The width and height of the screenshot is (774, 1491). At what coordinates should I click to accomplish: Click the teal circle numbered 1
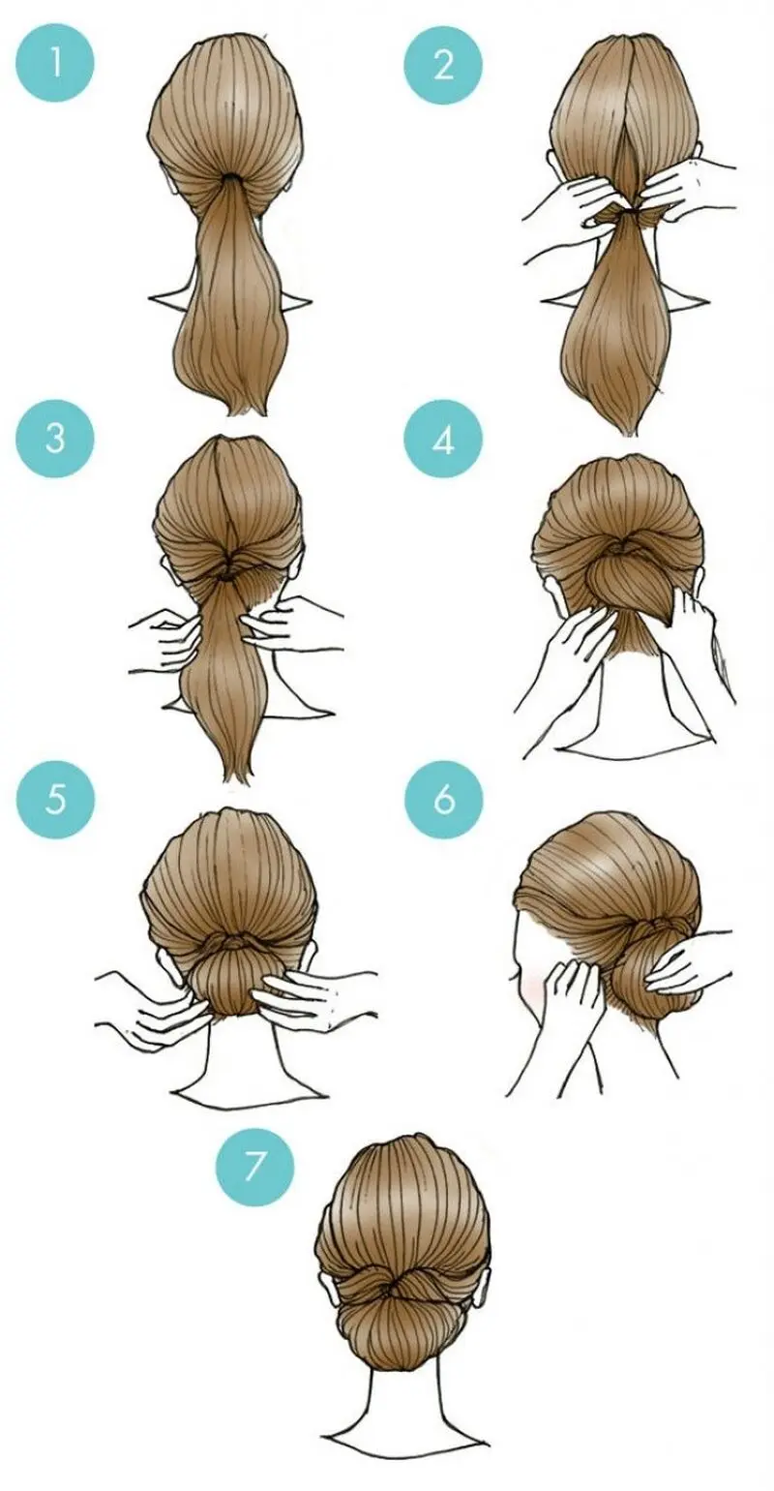pos(55,65)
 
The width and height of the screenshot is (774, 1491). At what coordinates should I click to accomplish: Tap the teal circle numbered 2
pos(443,65)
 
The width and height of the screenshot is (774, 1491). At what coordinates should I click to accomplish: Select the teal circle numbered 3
pos(55,439)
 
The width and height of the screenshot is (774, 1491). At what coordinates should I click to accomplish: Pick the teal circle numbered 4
pos(443,439)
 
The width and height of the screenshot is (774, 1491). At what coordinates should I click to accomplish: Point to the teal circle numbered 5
pos(55,800)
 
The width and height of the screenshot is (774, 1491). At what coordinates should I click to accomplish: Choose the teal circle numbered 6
pos(443,800)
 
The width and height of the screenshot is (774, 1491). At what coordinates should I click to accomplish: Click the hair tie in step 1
pos(228,178)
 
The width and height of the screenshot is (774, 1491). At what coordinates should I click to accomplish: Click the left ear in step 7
pos(326,1271)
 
